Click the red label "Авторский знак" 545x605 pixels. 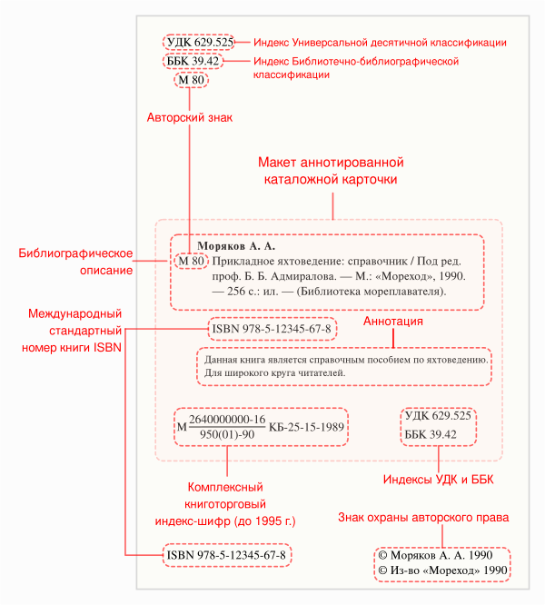tap(191, 117)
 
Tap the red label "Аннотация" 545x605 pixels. tap(393, 322)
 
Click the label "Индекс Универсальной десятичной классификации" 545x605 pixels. tap(380, 43)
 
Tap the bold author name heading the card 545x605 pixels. tap(236, 245)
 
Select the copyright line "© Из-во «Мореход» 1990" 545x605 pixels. tap(441, 570)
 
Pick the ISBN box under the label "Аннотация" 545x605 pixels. tap(271, 326)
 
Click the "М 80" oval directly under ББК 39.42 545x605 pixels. tap(193, 80)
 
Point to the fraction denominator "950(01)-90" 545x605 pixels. tap(226, 434)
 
